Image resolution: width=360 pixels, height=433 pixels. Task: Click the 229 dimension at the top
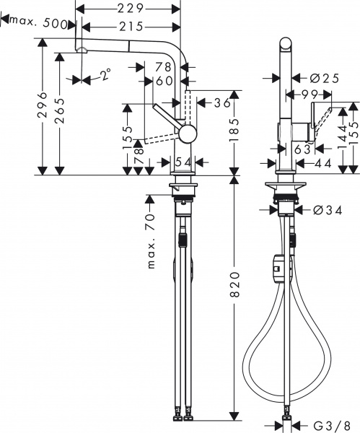pos(129,9)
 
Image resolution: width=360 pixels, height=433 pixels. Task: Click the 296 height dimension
pos(43,108)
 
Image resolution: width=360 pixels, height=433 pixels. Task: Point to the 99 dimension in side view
pos(311,94)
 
